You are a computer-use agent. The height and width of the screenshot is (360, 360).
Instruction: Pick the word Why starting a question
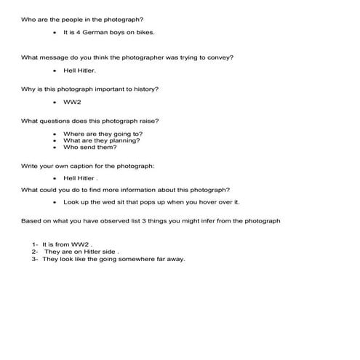click(28, 89)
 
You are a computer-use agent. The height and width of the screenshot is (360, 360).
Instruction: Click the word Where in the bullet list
click(73, 134)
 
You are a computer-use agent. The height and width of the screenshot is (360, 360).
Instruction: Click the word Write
click(29, 166)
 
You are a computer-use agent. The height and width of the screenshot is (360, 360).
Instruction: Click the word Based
click(31, 220)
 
